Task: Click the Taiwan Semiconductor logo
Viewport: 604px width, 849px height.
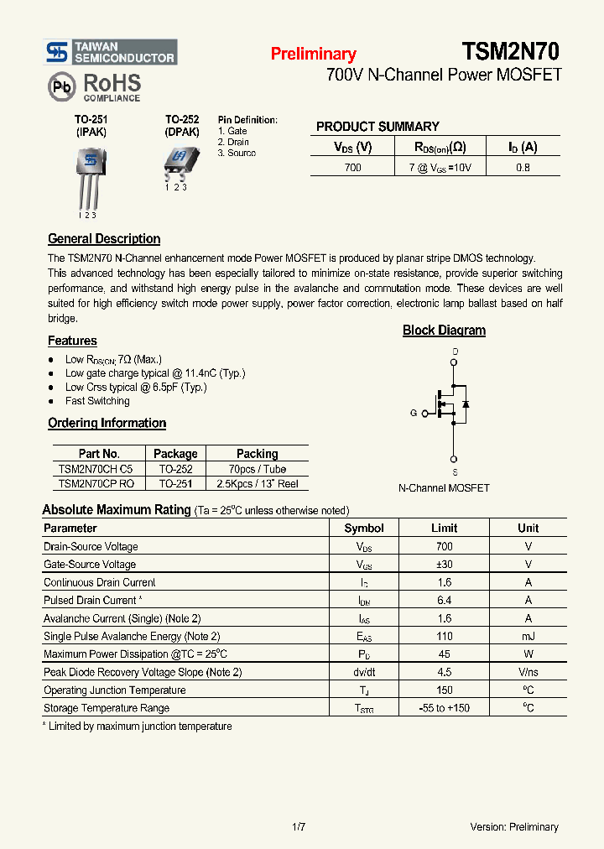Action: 111,52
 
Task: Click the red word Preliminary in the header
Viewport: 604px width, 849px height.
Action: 313,55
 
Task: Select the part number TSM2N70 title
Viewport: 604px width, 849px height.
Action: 510,52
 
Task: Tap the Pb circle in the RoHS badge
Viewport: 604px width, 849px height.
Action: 61,86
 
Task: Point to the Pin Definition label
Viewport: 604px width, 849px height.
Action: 247,120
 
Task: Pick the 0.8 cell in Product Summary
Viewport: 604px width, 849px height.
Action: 523,167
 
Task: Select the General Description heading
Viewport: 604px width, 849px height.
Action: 104,239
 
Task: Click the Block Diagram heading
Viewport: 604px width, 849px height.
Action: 444,331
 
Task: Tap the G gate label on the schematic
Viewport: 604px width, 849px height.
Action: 414,413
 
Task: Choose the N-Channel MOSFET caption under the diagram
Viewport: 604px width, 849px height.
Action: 444,487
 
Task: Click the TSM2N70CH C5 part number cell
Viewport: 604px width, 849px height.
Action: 96,469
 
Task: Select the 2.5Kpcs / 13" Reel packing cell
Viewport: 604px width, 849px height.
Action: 257,484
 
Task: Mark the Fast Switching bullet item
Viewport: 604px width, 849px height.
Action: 97,401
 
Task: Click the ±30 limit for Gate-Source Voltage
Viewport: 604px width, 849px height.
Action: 444,565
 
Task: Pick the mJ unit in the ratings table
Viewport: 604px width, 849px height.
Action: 528,637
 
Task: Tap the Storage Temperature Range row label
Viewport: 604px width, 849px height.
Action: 107,709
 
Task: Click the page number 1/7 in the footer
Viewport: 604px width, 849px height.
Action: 299,827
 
